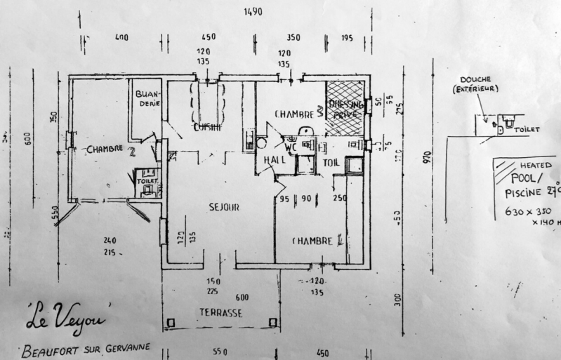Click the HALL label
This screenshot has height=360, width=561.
(x=274, y=160)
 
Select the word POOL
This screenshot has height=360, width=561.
(x=520, y=178)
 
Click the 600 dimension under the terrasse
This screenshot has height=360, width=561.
(x=242, y=296)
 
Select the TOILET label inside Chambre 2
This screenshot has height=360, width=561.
(x=147, y=180)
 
